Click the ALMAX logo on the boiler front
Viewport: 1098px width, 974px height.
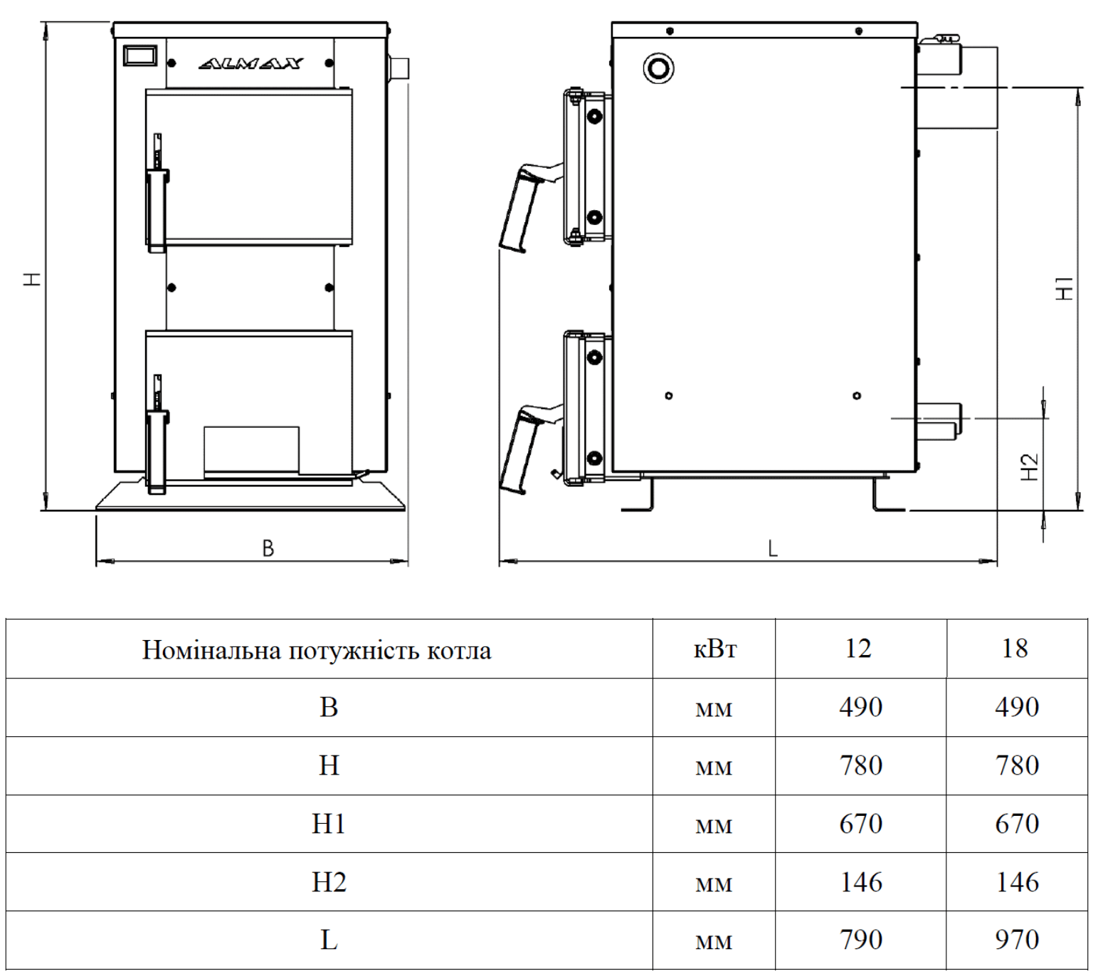pos(250,64)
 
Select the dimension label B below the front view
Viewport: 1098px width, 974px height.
pos(268,548)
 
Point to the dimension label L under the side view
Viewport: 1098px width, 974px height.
pos(773,548)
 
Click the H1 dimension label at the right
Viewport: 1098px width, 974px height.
pos(1065,288)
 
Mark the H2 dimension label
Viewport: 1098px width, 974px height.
pos(1030,467)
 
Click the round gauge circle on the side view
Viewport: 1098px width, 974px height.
pos(658,68)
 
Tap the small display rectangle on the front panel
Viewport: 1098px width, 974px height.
pos(140,56)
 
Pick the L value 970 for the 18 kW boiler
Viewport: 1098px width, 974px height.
pos(1017,940)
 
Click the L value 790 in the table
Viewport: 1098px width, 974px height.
pos(861,940)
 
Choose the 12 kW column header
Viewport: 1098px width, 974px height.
pos(858,649)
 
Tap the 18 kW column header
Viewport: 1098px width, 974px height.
pos(1015,649)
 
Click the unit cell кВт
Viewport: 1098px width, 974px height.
pos(714,649)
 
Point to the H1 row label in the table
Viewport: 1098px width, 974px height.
pos(329,824)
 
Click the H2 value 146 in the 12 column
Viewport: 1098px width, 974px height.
pos(861,882)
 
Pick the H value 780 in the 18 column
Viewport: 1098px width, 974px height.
pos(1017,765)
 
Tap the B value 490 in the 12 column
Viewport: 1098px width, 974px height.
pos(861,707)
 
